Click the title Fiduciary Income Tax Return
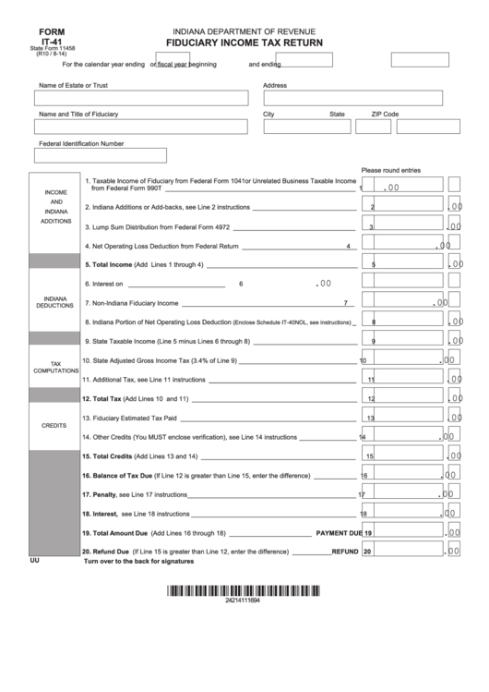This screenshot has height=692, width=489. coord(244,42)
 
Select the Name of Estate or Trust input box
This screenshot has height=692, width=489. coord(142,98)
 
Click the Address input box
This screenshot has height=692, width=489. coord(352,98)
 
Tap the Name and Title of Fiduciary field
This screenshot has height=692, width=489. coord(142,127)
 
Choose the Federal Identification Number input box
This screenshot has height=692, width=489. coord(101,155)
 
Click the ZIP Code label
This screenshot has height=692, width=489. coord(385,115)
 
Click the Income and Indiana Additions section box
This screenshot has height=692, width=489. coord(56,212)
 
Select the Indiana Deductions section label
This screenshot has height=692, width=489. coord(56,302)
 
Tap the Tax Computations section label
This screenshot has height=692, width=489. coord(56,368)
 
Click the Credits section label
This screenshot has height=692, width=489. coord(56,426)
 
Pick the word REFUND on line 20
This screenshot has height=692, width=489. coord(344,552)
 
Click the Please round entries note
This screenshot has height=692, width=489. coord(390,170)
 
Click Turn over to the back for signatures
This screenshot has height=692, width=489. coord(138,562)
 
